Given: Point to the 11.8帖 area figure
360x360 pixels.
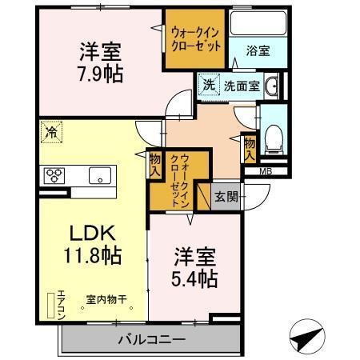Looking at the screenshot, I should [x=93, y=257].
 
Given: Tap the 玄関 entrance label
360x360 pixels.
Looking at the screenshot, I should [x=226, y=197].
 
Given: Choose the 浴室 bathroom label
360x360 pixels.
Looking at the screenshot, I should [x=258, y=50].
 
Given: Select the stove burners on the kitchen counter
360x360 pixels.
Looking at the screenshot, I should [x=54, y=175].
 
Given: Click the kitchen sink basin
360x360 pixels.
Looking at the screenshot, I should [x=102, y=176].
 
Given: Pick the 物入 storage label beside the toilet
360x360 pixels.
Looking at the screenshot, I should [x=250, y=147].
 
